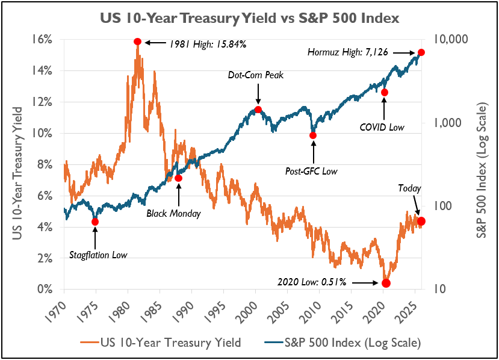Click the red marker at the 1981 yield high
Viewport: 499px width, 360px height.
coord(137,42)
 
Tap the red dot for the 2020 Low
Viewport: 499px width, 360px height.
coord(386,283)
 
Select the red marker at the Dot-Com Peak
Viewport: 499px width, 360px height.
coord(258,110)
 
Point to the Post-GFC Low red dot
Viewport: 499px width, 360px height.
coord(313,135)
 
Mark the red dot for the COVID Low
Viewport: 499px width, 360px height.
coord(385,92)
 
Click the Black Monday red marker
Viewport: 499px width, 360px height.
coord(178,178)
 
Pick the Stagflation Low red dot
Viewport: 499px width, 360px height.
coord(95,222)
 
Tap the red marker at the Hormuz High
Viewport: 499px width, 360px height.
coord(421,53)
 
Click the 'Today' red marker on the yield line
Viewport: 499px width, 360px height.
coord(421,222)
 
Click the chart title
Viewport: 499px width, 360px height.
coord(249,18)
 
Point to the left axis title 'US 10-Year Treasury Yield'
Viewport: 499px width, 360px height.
coord(17,164)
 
